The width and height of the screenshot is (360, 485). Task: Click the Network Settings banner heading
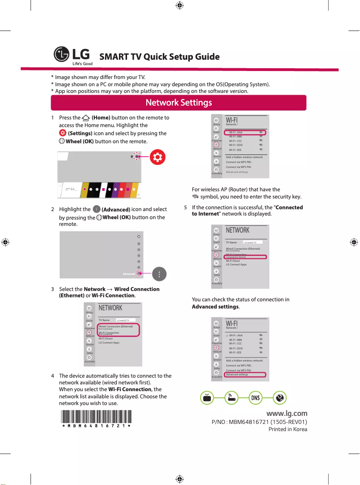179,102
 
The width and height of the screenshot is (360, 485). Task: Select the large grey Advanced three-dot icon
160,274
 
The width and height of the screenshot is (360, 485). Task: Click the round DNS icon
255,398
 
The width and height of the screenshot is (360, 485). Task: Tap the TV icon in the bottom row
206,398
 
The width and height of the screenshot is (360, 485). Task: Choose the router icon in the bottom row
231,398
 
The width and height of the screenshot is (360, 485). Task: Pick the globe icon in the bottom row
280,398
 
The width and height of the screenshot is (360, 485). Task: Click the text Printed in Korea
288,429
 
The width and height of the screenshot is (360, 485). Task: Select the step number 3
53,289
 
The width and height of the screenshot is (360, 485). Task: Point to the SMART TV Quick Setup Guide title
159,57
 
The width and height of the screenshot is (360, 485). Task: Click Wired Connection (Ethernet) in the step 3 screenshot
116,326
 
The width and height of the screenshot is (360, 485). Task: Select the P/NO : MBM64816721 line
259,422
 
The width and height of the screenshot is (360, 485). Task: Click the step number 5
186,207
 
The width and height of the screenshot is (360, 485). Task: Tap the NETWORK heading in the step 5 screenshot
237,230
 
